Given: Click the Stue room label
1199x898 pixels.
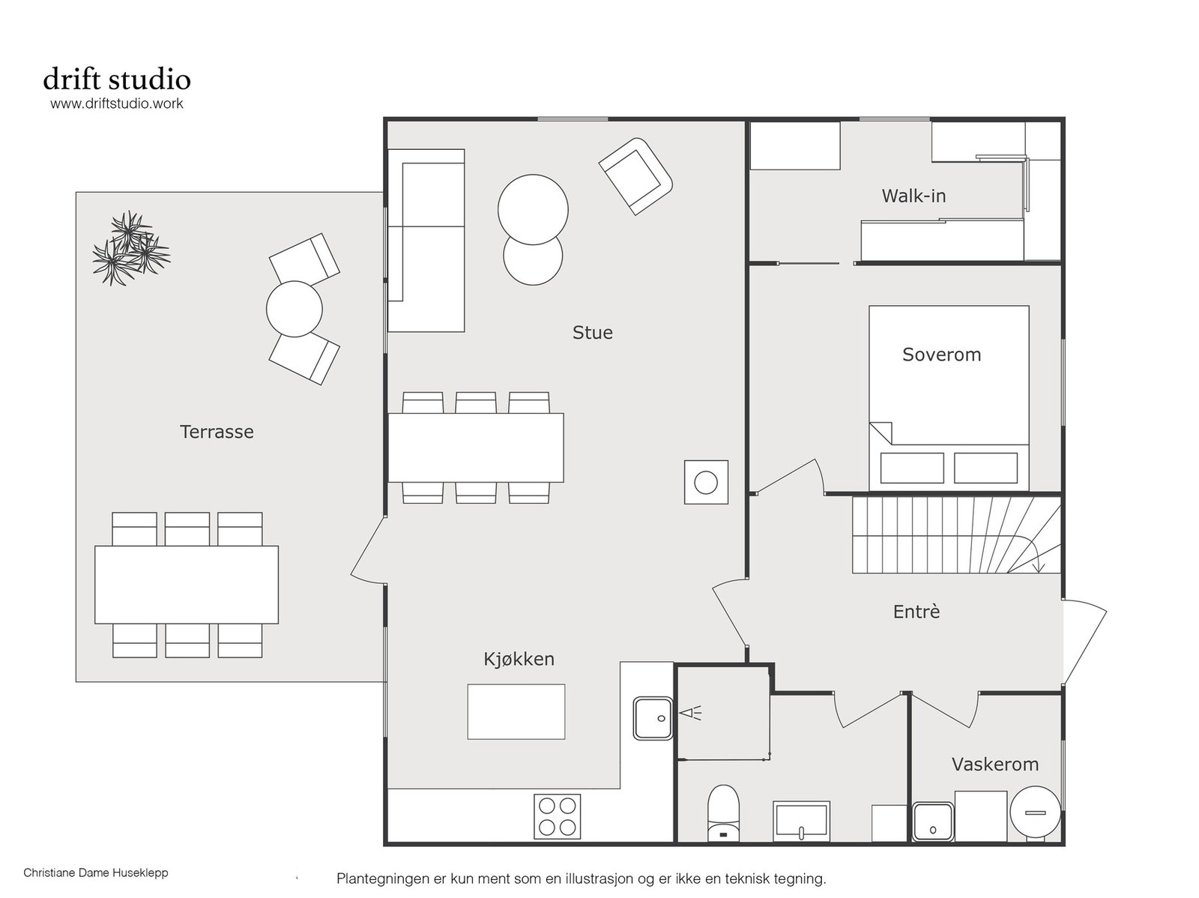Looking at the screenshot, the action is (592, 332).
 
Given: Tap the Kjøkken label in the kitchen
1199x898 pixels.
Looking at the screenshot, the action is (519, 659).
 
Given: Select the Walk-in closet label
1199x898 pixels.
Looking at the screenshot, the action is (913, 196).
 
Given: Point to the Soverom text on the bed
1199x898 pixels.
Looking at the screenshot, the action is (941, 355).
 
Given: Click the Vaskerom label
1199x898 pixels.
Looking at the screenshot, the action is (994, 764).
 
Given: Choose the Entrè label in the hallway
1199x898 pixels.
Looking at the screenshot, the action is (916, 611).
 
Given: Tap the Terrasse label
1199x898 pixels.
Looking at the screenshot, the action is (217, 432).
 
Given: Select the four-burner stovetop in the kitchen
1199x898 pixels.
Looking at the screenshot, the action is (557, 816).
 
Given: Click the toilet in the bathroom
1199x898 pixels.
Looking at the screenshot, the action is (722, 813).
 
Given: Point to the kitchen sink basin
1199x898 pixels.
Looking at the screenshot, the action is (653, 718).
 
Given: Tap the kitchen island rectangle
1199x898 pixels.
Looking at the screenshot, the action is (516, 712).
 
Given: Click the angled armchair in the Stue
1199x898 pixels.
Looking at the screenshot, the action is (635, 176).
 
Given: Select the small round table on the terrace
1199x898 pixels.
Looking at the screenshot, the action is (294, 309).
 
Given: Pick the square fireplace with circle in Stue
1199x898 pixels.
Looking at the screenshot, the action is (706, 482).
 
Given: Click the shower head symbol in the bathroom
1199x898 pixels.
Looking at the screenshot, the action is (689, 713).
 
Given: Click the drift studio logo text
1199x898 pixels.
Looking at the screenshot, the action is (117, 79).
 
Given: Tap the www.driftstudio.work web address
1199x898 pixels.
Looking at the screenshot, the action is (117, 103).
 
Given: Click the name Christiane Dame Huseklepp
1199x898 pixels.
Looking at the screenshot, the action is (96, 873).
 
